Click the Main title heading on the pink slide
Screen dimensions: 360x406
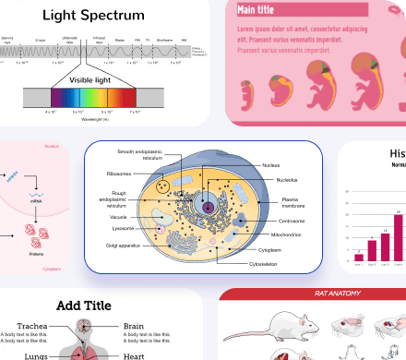[256, 10]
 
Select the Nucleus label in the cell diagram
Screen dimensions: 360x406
[270, 164]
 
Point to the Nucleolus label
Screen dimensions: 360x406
[274, 181]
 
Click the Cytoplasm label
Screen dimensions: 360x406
[270, 249]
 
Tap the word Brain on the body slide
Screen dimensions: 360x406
[134, 326]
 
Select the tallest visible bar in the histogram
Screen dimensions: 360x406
[398, 237]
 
